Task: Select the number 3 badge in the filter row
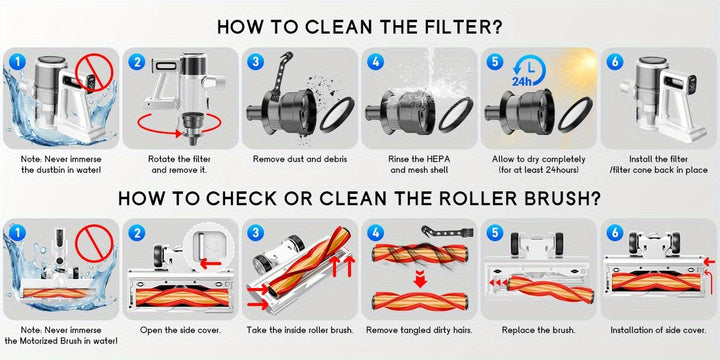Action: point(255,61)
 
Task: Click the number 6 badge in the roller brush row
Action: point(615,232)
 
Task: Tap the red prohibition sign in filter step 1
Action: point(94,72)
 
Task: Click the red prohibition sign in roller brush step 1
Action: point(94,243)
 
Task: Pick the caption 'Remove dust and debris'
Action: point(300,159)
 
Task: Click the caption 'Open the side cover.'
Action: point(180,330)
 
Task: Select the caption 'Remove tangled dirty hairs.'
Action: point(419,330)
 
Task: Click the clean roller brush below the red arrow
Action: point(419,302)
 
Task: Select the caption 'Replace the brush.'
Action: point(538,330)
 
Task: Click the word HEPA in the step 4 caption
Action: point(439,159)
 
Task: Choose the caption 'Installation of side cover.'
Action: point(658,330)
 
